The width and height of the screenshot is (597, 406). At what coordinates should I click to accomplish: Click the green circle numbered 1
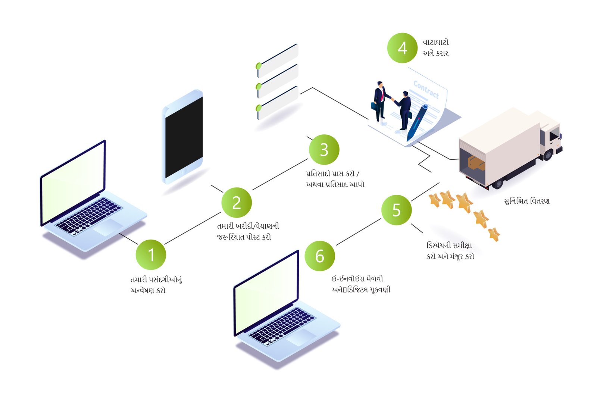[x=151, y=255]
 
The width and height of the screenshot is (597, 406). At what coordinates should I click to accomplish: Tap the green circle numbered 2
[x=237, y=203]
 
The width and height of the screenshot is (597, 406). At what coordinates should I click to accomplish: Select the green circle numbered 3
[x=324, y=150]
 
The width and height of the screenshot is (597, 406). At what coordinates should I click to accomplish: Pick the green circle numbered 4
[x=402, y=48]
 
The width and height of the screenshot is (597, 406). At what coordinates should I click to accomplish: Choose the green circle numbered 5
[x=396, y=210]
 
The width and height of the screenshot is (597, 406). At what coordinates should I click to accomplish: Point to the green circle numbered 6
[x=320, y=256]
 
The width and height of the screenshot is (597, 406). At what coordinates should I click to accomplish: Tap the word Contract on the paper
[x=426, y=90]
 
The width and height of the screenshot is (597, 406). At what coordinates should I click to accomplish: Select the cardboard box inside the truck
[x=476, y=163]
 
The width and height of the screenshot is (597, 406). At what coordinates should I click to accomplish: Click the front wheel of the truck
[x=548, y=154]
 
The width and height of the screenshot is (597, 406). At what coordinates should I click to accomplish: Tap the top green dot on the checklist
[x=259, y=66]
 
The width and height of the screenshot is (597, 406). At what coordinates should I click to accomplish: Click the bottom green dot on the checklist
[x=259, y=108]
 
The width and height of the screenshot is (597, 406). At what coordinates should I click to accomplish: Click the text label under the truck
[x=526, y=202]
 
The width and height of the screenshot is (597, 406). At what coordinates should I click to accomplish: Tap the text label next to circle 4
[x=435, y=48]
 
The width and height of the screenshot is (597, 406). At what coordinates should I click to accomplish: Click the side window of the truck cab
[x=554, y=134]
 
